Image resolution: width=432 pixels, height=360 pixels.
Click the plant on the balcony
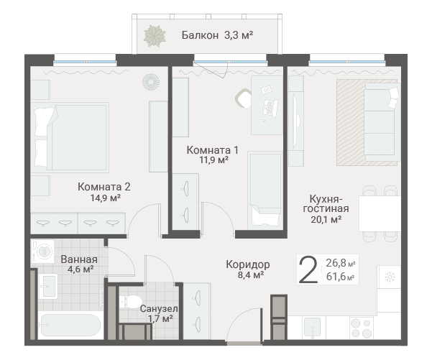pyautogui.click(x=155, y=36)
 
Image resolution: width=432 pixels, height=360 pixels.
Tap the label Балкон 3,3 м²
pyautogui.click(x=217, y=35)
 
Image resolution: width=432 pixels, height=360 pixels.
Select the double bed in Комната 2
pyautogui.click(x=70, y=138)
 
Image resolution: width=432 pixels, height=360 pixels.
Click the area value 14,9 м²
pyautogui.click(x=106, y=198)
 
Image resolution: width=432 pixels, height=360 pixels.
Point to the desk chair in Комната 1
pyautogui.click(x=243, y=98)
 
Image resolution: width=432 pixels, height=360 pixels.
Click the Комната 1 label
pyautogui.click(x=213, y=150)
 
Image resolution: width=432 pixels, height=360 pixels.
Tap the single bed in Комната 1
pyautogui.click(x=265, y=190)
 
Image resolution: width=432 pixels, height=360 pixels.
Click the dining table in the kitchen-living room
pyautogui.click(x=380, y=213)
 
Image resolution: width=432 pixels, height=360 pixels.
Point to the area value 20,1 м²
pyautogui.click(x=326, y=220)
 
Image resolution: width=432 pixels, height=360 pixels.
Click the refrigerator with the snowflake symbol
pyautogui.click(x=389, y=277)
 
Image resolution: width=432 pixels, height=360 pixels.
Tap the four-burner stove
pyautogui.click(x=362, y=328)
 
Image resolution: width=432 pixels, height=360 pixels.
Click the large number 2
pyautogui.click(x=308, y=269)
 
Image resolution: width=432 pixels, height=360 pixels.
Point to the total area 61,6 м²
pyautogui.click(x=340, y=277)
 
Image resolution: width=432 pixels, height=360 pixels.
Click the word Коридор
pyautogui.click(x=248, y=264)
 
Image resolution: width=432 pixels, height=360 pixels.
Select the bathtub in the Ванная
pyautogui.click(x=70, y=326)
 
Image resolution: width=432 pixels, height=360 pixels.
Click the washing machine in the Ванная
pyautogui.click(x=42, y=251)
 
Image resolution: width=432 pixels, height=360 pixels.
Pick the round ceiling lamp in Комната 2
pyautogui.click(x=151, y=82)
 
